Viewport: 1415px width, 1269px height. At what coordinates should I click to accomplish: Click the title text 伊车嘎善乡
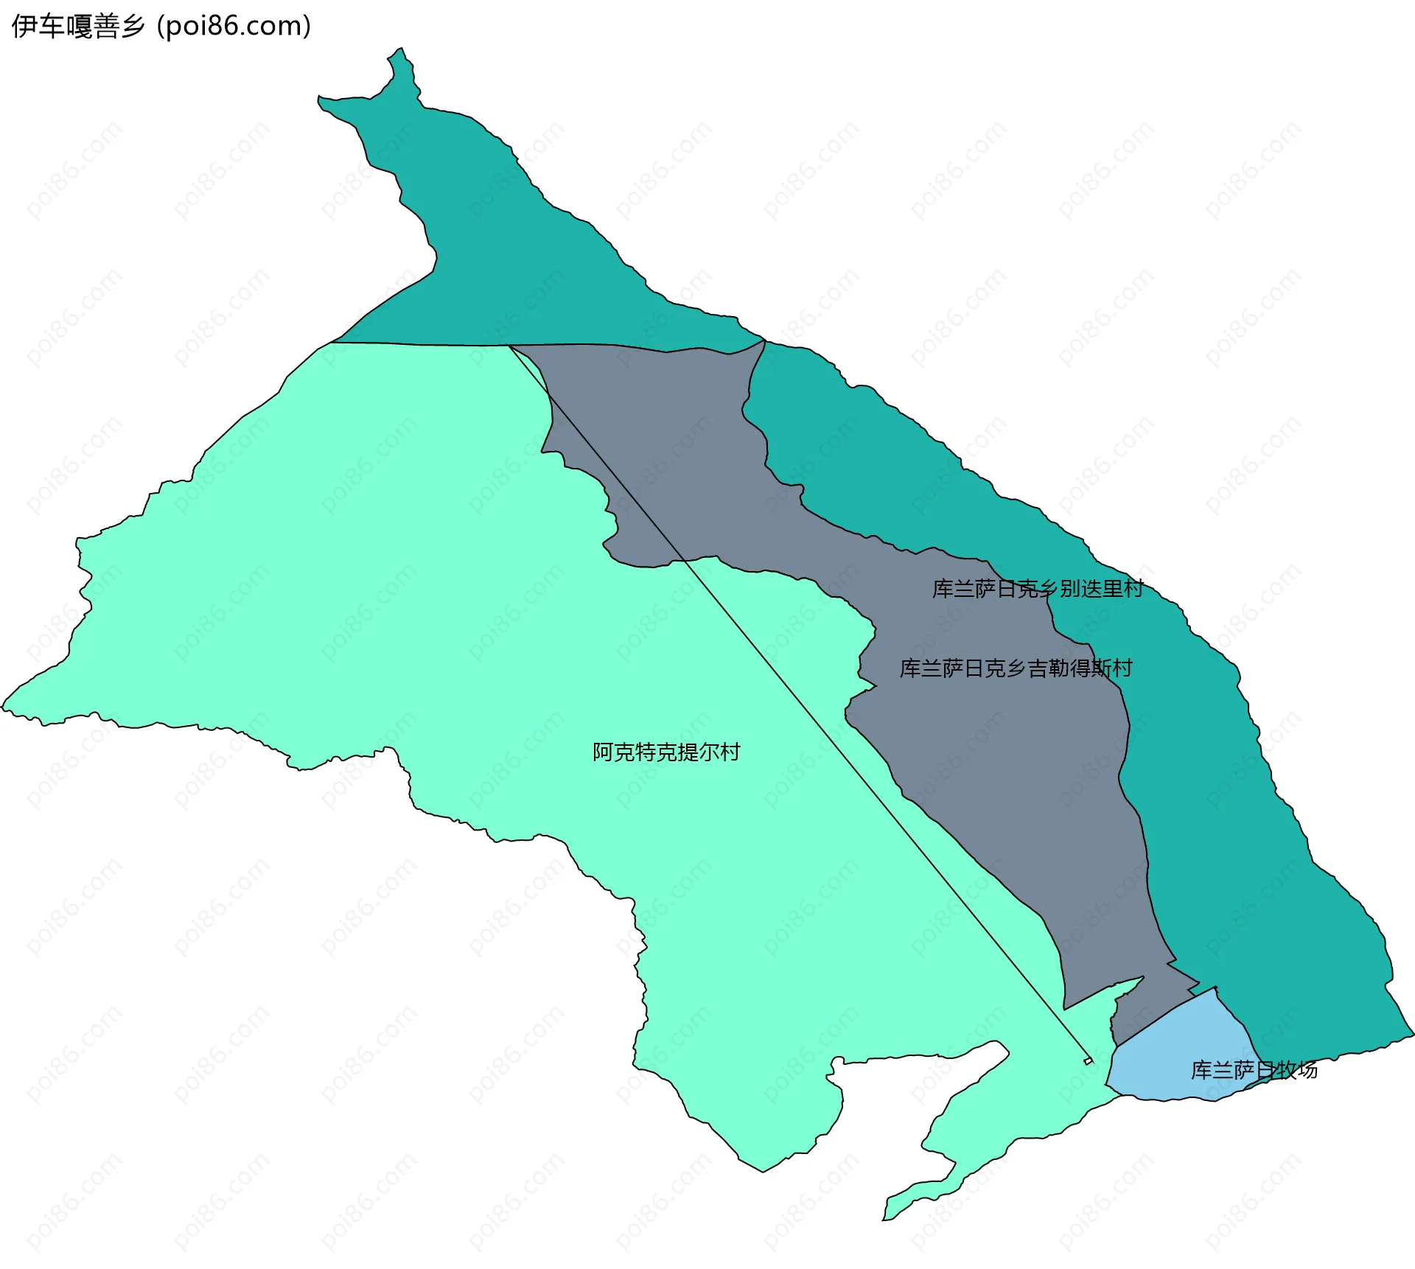pyautogui.click(x=77, y=27)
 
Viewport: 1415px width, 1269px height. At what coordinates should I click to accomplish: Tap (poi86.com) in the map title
pyautogui.click(x=234, y=27)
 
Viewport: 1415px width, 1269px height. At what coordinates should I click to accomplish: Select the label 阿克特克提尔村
pyautogui.click(x=666, y=752)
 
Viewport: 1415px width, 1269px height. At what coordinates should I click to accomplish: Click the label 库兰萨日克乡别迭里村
pyautogui.click(x=1038, y=588)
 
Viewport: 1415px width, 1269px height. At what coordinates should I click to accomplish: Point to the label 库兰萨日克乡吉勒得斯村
pyautogui.click(x=1016, y=668)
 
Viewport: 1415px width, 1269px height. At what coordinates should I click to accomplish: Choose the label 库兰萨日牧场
pyautogui.click(x=1254, y=1069)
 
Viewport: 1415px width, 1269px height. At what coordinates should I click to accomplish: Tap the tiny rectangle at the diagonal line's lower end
pyautogui.click(x=1089, y=1061)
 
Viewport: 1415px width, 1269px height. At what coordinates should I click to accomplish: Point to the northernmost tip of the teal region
pyautogui.click(x=400, y=50)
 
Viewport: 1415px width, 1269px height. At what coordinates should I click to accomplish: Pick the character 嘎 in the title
pyautogui.click(x=77, y=27)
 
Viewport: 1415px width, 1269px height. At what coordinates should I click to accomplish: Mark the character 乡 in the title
pyautogui.click(x=133, y=27)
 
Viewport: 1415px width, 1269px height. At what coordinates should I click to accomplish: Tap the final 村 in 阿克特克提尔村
pyautogui.click(x=730, y=752)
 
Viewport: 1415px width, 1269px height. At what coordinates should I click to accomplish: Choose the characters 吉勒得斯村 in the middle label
pyautogui.click(x=1080, y=668)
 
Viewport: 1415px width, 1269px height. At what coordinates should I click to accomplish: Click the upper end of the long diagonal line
pyautogui.click(x=510, y=346)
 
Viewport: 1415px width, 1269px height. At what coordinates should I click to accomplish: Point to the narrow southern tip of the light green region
pyautogui.click(x=887, y=1218)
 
